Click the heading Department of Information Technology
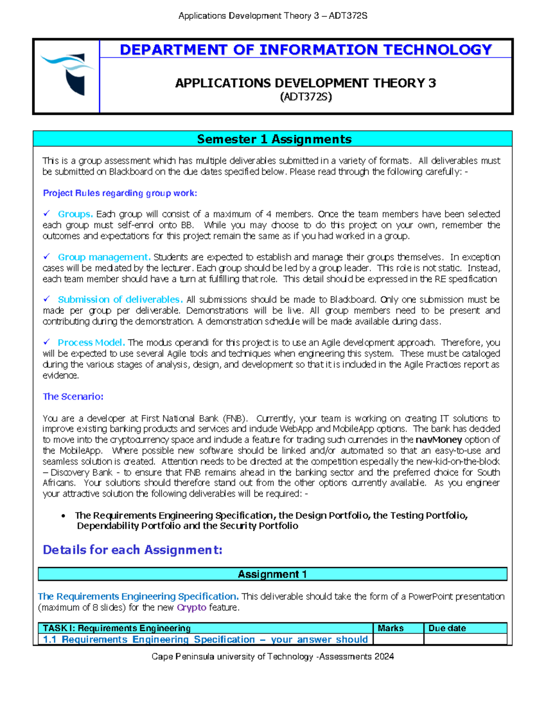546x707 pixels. click(305, 49)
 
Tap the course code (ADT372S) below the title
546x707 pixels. click(306, 97)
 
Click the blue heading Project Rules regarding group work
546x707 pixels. click(120, 193)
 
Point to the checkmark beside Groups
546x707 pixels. click(46, 214)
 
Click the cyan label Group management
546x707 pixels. click(104, 257)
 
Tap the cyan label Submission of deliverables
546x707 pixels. click(120, 300)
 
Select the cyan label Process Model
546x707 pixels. click(91, 342)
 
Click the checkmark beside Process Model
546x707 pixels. click(46, 342)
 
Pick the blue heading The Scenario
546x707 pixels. click(73, 397)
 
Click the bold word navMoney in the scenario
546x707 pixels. click(439, 440)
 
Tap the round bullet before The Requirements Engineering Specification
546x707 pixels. click(64, 516)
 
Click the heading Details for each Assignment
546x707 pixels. click(132, 550)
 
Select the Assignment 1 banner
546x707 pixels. click(272, 574)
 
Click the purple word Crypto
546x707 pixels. click(192, 607)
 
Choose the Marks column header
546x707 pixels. click(390, 628)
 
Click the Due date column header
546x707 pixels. click(447, 628)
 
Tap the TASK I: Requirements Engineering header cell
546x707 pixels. click(116, 628)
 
